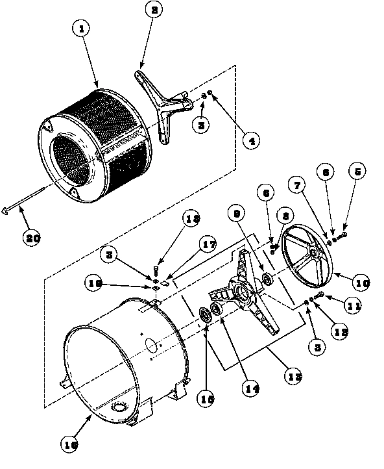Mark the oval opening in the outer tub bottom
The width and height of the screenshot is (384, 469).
pyautogui.click(x=119, y=407)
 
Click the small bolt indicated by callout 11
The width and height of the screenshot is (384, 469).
pyautogui.click(x=318, y=298)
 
